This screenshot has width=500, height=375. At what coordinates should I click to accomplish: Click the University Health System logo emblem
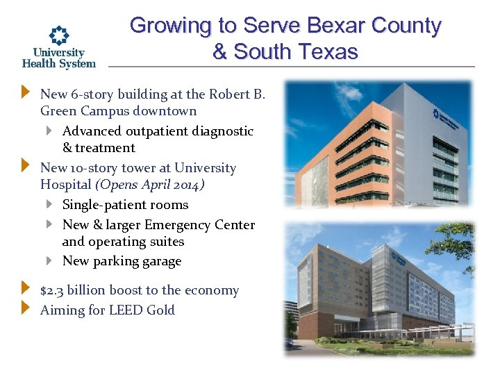(x=59, y=35)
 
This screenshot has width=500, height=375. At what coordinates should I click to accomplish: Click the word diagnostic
(x=222, y=131)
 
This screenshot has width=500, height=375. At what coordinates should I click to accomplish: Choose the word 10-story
(x=92, y=168)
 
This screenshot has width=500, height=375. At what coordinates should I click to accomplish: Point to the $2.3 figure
(x=53, y=291)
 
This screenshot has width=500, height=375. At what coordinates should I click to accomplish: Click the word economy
(x=212, y=291)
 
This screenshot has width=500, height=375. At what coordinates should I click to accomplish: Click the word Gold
(x=161, y=310)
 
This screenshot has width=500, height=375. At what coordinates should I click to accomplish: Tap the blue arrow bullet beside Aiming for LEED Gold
(x=26, y=307)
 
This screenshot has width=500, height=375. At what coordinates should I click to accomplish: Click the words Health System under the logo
(x=59, y=63)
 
